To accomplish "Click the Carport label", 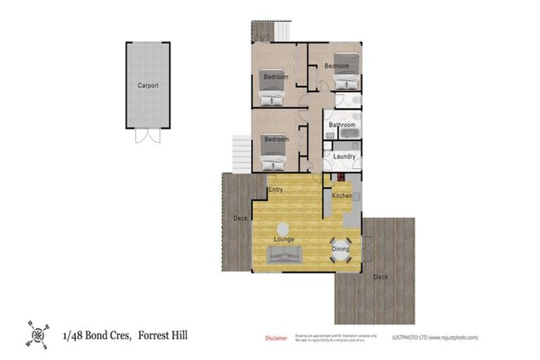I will [148, 86].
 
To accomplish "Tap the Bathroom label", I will [342, 125].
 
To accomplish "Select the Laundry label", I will [344, 156].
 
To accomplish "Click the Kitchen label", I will [342, 195].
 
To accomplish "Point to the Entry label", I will [276, 190].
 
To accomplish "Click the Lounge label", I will [284, 240].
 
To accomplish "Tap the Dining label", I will [340, 248].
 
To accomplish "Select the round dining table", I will [340, 249].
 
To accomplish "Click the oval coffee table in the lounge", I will [283, 229].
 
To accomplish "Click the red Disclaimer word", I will [276, 338].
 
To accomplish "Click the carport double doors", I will [148, 135].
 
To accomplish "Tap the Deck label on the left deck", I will [239, 218].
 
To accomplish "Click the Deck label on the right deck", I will [380, 276].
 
